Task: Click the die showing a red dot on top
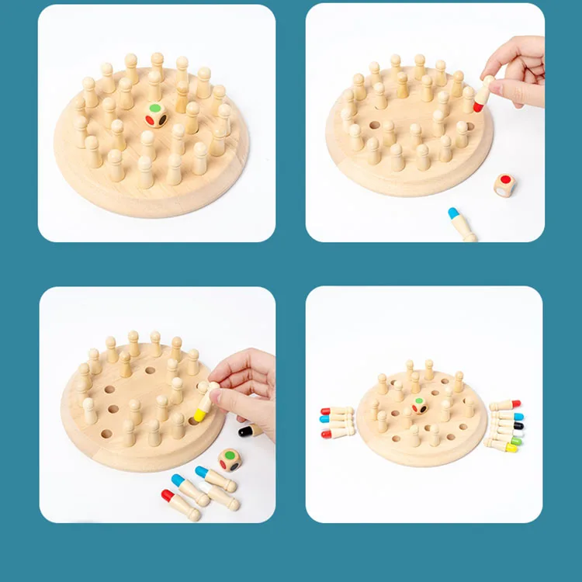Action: coord(504,185)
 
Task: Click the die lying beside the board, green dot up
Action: coord(230,459)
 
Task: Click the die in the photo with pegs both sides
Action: coord(419,405)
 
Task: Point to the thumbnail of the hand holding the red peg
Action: coord(424,123)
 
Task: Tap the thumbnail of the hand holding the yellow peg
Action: coord(157,404)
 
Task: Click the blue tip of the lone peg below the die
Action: coord(454,213)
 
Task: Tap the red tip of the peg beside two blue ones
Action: coord(167,495)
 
